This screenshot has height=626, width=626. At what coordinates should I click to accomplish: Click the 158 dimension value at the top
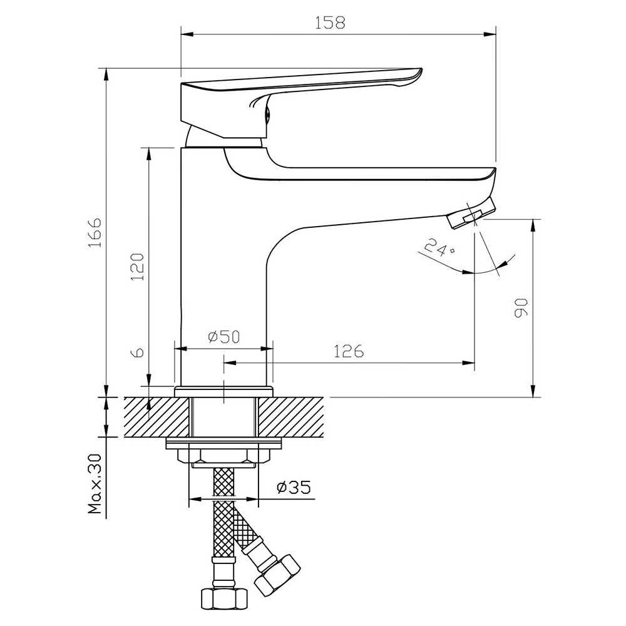(330, 23)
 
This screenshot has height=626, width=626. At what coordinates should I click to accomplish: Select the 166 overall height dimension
(95, 232)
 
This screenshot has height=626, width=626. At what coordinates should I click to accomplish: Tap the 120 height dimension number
(137, 266)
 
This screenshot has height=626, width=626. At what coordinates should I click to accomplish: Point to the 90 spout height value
(521, 308)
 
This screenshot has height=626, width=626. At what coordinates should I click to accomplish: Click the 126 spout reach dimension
(349, 351)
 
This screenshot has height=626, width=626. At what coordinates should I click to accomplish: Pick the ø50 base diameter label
(224, 337)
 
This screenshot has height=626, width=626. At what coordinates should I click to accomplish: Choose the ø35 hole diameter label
(294, 487)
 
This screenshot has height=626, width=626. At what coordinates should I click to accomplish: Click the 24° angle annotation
(438, 248)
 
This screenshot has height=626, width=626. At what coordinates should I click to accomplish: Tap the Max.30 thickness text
(96, 484)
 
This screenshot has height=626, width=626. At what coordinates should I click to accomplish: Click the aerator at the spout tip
(471, 213)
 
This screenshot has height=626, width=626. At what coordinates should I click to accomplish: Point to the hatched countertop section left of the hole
(157, 417)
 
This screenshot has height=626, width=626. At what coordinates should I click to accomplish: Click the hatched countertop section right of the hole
(291, 417)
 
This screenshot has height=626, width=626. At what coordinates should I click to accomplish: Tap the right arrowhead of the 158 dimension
(490, 34)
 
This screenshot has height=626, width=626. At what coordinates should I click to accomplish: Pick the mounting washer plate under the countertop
(224, 443)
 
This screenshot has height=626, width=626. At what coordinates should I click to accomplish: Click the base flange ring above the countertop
(224, 391)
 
